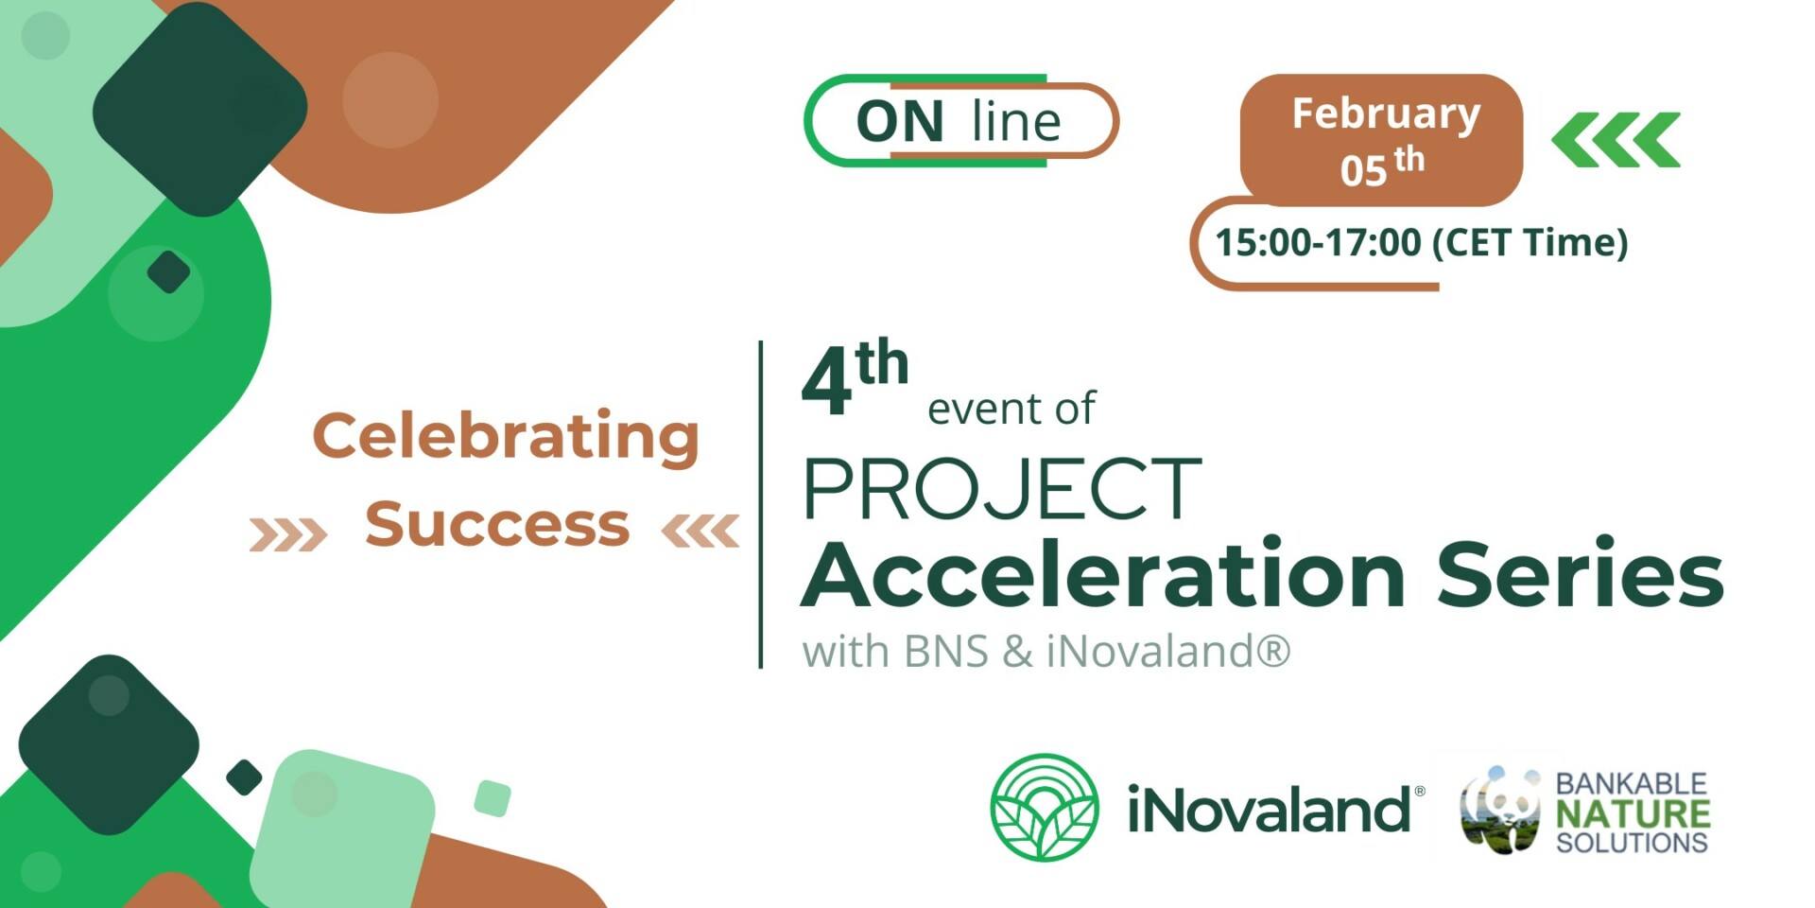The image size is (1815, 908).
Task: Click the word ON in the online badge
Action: point(899,122)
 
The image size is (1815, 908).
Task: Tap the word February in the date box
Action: point(1386,114)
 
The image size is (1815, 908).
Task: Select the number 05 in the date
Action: point(1363,170)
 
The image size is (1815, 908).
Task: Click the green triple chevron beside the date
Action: point(1616,140)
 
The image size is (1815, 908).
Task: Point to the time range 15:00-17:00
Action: point(1318,243)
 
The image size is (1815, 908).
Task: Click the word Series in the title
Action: point(1581,574)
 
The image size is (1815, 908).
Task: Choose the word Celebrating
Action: point(506,437)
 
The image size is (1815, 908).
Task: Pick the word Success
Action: point(497,523)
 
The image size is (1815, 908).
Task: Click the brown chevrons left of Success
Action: point(288,533)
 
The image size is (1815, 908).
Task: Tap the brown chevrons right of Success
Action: point(700,532)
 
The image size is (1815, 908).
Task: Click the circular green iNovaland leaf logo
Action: point(1045,807)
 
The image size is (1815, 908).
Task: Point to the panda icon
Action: point(1500,810)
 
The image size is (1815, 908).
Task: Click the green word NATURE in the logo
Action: point(1633,813)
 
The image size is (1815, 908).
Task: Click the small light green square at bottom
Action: point(493,798)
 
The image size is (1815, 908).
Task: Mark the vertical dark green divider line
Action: point(761,505)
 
